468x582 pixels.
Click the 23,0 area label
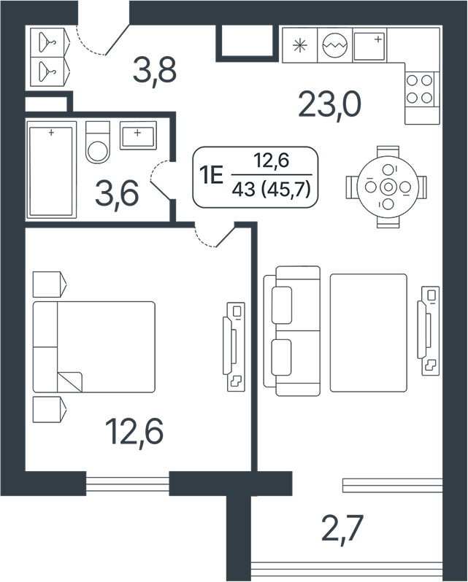coord(329,105)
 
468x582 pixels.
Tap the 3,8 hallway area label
coord(155,71)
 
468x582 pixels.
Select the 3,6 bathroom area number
coord(117,194)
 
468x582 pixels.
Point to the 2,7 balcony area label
coord(341,528)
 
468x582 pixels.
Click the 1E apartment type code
coord(211,175)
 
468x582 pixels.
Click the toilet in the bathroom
coord(98,142)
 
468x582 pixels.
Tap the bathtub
coord(51,170)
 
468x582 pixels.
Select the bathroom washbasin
coord(138,136)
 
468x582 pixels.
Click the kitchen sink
coord(369,46)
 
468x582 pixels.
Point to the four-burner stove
coord(420,89)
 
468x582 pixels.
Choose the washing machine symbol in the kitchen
coord(335,46)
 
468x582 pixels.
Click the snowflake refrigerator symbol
coord(300,46)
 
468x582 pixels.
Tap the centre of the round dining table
coord(388,187)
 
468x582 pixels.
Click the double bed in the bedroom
coord(94,347)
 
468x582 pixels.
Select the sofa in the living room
coord(292,330)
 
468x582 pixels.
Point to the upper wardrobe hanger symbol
coord(48,39)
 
